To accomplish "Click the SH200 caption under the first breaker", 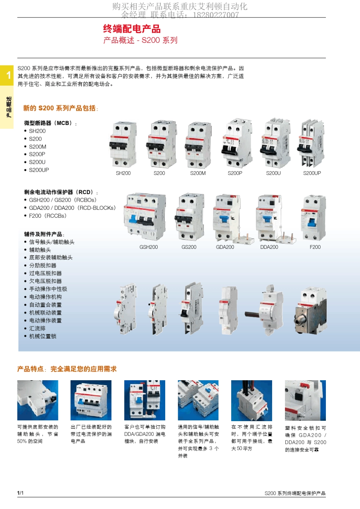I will (x=123, y=173).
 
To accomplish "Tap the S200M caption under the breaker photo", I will (x=198, y=173).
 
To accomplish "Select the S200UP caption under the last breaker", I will (x=312, y=173).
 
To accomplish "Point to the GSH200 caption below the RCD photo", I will (x=149, y=247).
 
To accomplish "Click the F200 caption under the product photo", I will (x=315, y=247).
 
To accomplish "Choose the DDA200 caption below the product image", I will (x=269, y=247).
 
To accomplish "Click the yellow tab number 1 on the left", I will (x=8, y=75).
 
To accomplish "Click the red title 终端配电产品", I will (x=132, y=29).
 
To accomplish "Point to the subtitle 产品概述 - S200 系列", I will (x=140, y=40).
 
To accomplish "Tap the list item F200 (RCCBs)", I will (x=47, y=216).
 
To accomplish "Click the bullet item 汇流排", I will (x=37, y=328).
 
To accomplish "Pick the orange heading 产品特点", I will (x=30, y=369).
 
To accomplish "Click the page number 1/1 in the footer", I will (x=20, y=493).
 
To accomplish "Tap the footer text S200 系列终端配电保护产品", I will (x=295, y=493).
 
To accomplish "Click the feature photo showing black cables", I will (x=252, y=400).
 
